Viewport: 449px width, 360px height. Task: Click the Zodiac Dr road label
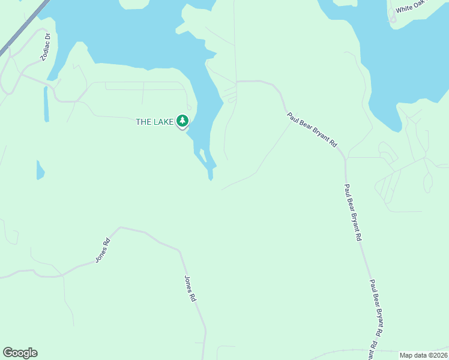46,47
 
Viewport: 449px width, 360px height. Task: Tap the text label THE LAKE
154,122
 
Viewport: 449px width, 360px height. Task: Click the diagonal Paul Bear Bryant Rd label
312,130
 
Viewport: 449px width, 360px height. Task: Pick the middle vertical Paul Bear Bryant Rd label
353,212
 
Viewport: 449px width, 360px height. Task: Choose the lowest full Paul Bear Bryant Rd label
376,307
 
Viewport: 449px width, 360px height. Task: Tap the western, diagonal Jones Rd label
103,251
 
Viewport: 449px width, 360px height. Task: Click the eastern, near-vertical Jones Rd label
190,288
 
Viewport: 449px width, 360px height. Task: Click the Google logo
20,353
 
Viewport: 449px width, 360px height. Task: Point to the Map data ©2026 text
423,355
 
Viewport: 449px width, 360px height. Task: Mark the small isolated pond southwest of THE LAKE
40,170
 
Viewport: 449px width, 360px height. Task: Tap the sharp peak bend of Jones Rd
121,228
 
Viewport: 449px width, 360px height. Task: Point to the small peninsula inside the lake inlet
203,155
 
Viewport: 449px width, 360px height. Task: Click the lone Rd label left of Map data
373,347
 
